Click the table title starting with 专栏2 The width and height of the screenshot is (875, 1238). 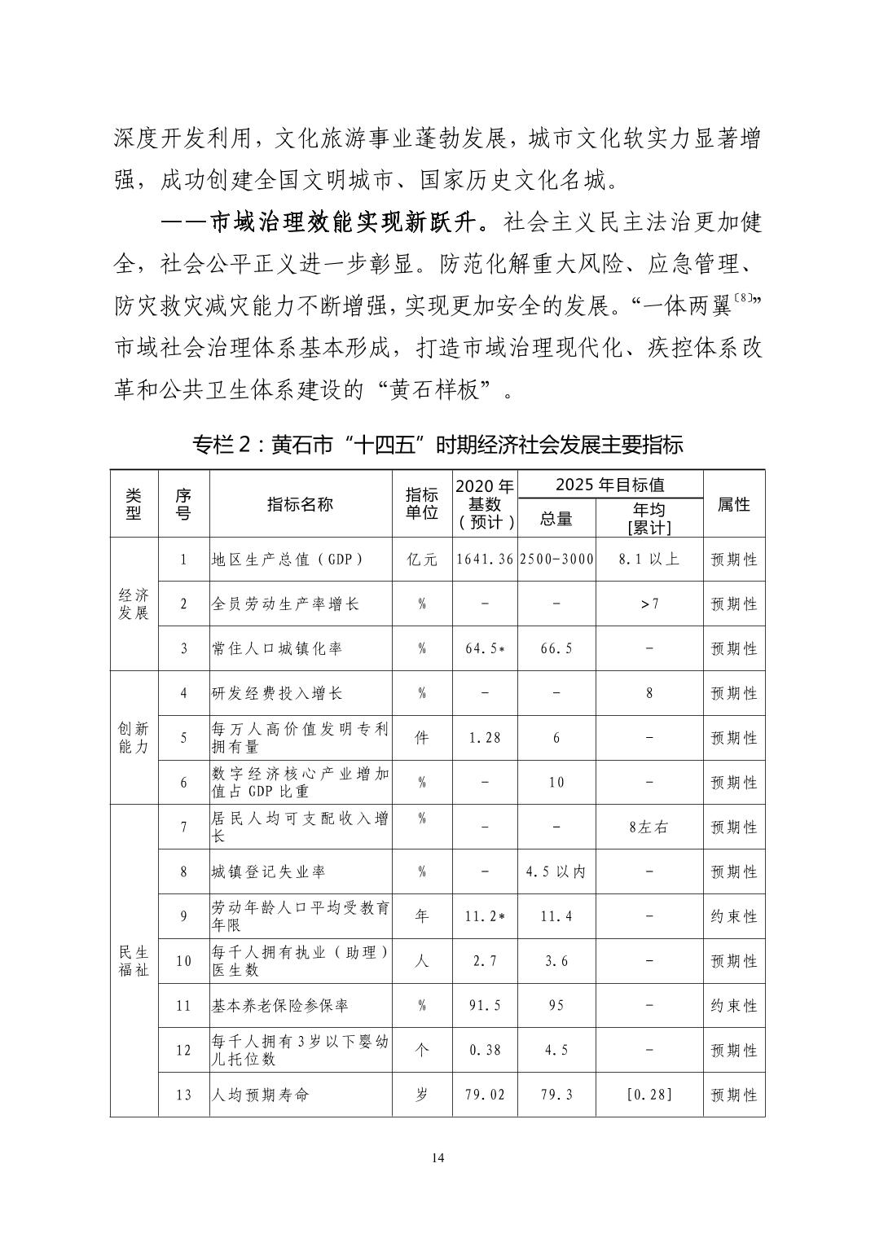click(x=437, y=445)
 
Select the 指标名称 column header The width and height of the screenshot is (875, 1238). click(x=300, y=504)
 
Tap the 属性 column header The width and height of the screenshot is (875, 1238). click(x=733, y=504)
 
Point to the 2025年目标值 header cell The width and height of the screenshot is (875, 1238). click(x=609, y=485)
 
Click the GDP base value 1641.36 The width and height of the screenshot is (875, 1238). click(x=486, y=560)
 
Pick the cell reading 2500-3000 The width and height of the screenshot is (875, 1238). click(x=556, y=560)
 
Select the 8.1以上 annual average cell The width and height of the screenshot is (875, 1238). click(x=649, y=560)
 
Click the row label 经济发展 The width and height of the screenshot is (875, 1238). click(x=134, y=604)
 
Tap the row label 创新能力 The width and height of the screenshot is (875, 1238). click(x=134, y=737)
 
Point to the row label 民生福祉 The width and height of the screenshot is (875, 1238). click(x=134, y=960)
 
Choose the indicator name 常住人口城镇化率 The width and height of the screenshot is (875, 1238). click(x=277, y=648)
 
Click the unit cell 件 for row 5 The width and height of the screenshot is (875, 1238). click(x=422, y=738)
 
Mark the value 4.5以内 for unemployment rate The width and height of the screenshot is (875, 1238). click(x=556, y=871)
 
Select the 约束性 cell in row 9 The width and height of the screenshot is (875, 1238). click(x=733, y=916)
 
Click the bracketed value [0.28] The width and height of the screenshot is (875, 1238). click(x=649, y=1095)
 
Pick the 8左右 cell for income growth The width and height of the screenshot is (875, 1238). click(x=649, y=827)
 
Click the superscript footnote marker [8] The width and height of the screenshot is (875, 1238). click(x=744, y=300)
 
